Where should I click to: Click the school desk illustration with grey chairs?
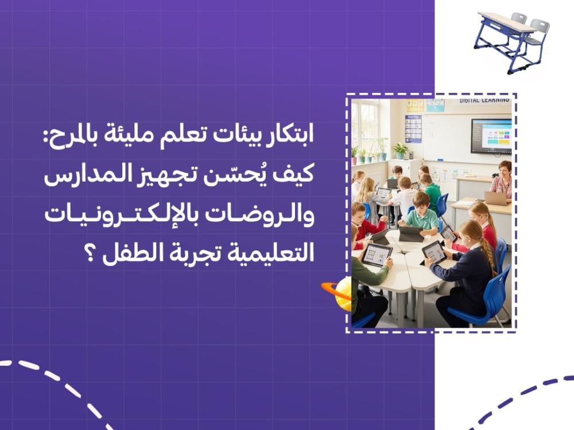pyautogui.click(x=512, y=41)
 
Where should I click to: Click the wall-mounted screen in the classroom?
pyautogui.click(x=491, y=136)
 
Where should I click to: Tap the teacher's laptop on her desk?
pyautogui.click(x=497, y=198)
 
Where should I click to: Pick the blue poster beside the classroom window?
pyautogui.click(x=413, y=128)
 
